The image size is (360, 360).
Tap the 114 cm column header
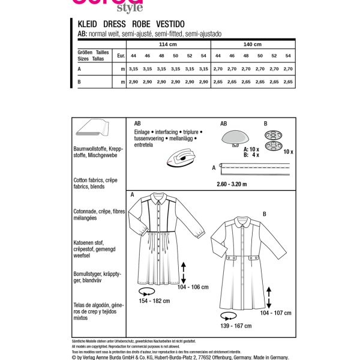[161, 44]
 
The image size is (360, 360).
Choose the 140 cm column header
[253, 44]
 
